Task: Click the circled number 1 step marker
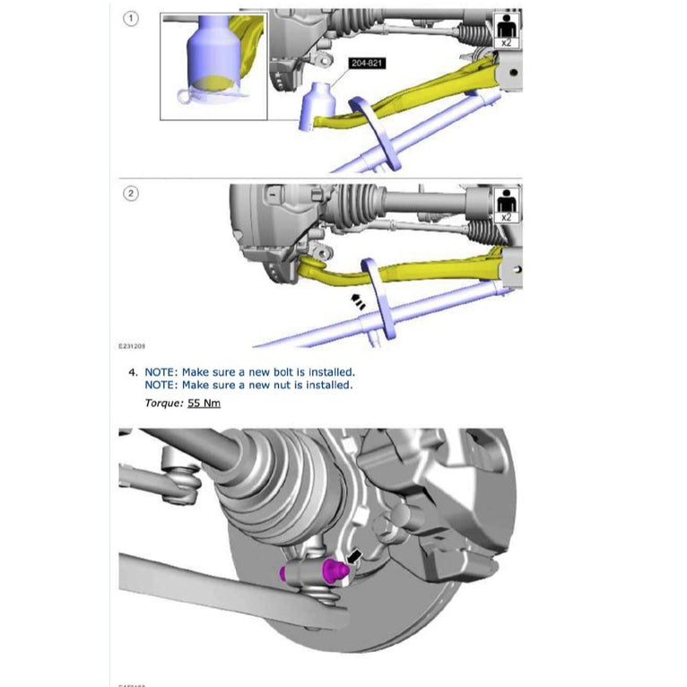(x=131, y=20)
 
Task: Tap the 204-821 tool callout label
(x=368, y=64)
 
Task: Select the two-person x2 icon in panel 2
(x=508, y=204)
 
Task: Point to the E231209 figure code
(x=134, y=343)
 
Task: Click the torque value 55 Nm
(x=204, y=404)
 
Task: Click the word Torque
(x=163, y=404)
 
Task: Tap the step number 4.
(x=133, y=371)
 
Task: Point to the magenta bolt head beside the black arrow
(x=337, y=570)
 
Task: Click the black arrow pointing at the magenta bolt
(x=354, y=557)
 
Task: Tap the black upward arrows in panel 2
(x=357, y=302)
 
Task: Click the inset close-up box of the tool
(x=213, y=66)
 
